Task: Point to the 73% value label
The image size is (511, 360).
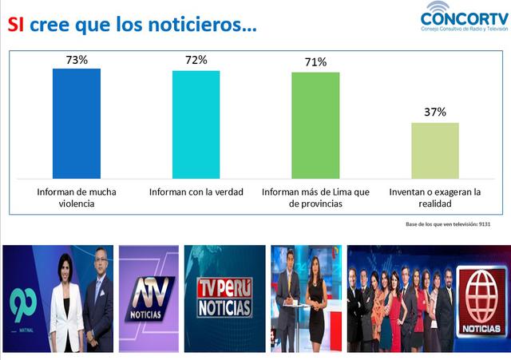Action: pos(77,59)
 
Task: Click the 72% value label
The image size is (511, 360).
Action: pos(196,60)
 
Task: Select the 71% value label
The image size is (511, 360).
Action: pos(315,62)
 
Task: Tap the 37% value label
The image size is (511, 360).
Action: pos(435,112)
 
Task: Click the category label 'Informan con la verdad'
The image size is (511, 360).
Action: pos(196,193)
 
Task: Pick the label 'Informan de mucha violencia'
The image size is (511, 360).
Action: pos(77,198)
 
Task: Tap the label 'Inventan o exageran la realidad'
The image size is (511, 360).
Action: pos(435,198)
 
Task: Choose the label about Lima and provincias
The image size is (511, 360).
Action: pos(315,198)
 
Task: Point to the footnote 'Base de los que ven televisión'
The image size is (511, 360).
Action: pos(447,224)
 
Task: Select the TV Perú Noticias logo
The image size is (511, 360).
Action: pos(224,297)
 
